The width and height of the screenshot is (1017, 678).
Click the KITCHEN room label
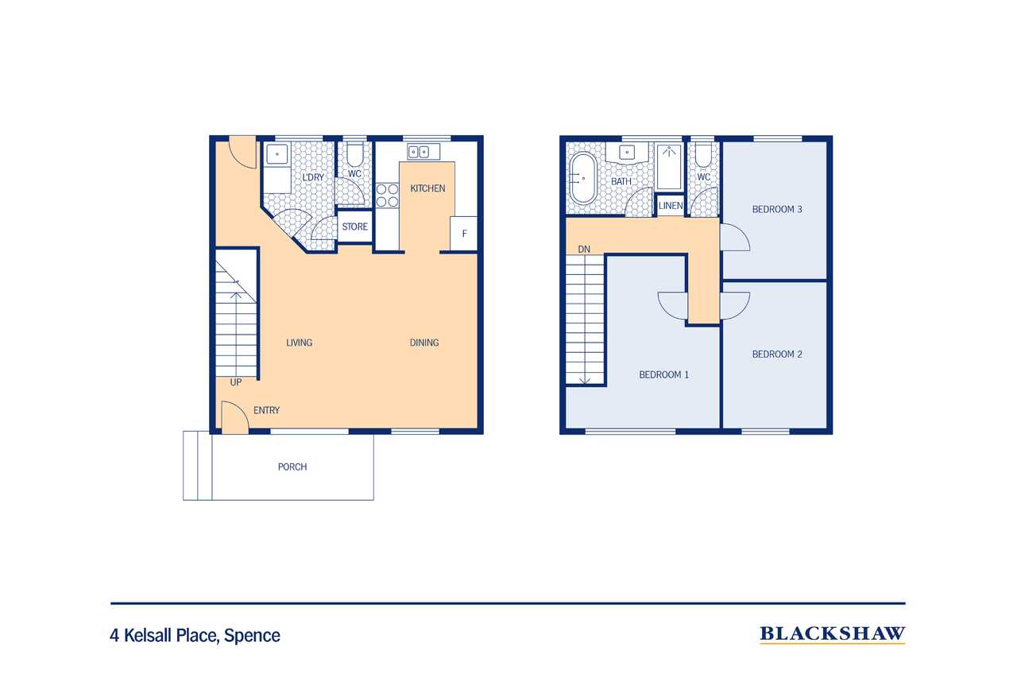[x=427, y=188]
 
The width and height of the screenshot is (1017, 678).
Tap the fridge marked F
[x=463, y=234]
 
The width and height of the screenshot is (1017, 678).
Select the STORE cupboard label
[x=354, y=227]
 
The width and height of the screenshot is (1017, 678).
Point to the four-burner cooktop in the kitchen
[x=387, y=196]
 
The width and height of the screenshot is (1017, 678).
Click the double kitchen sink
[x=423, y=152]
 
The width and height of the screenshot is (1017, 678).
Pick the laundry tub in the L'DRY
[x=277, y=154]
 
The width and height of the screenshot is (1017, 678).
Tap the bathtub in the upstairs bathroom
[x=583, y=178]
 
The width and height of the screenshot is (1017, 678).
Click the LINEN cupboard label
[x=671, y=206]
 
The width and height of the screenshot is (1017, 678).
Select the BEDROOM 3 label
[x=777, y=209]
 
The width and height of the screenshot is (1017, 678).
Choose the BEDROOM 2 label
[x=777, y=354]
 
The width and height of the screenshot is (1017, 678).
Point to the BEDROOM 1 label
[x=663, y=374]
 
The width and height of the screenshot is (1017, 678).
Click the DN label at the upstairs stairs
[x=584, y=250]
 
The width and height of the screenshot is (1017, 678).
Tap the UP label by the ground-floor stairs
[x=236, y=382]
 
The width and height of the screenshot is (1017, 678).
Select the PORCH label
[x=292, y=467]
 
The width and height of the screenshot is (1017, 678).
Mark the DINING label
[x=424, y=343]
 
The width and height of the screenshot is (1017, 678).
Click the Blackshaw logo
[x=832, y=634]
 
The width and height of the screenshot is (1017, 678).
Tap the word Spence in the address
[x=252, y=636]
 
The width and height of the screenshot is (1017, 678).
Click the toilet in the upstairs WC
[x=703, y=156]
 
